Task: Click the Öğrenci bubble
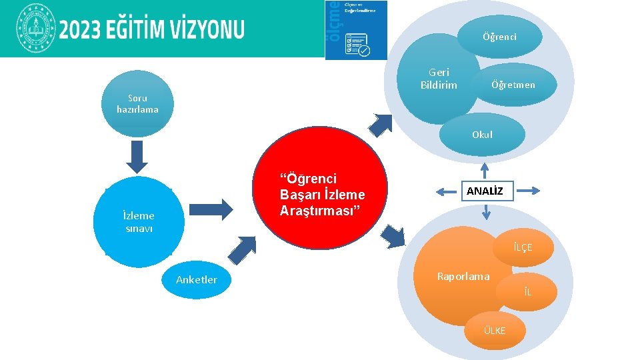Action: coord(499,37)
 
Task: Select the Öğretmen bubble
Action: coord(513,85)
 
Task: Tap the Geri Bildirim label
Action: coord(439,79)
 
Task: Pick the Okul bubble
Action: coord(482,134)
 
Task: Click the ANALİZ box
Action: coord(485,191)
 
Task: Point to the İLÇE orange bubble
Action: coord(523,247)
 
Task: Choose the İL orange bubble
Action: coord(527,292)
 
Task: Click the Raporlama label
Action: coord(463,276)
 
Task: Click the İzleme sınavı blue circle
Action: coord(139,222)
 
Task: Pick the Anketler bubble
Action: coord(196,279)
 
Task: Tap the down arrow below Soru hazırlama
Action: coord(137,158)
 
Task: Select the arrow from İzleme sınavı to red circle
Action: coord(211,209)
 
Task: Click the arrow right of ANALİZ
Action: coord(527,191)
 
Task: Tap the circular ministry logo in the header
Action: coord(33,29)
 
